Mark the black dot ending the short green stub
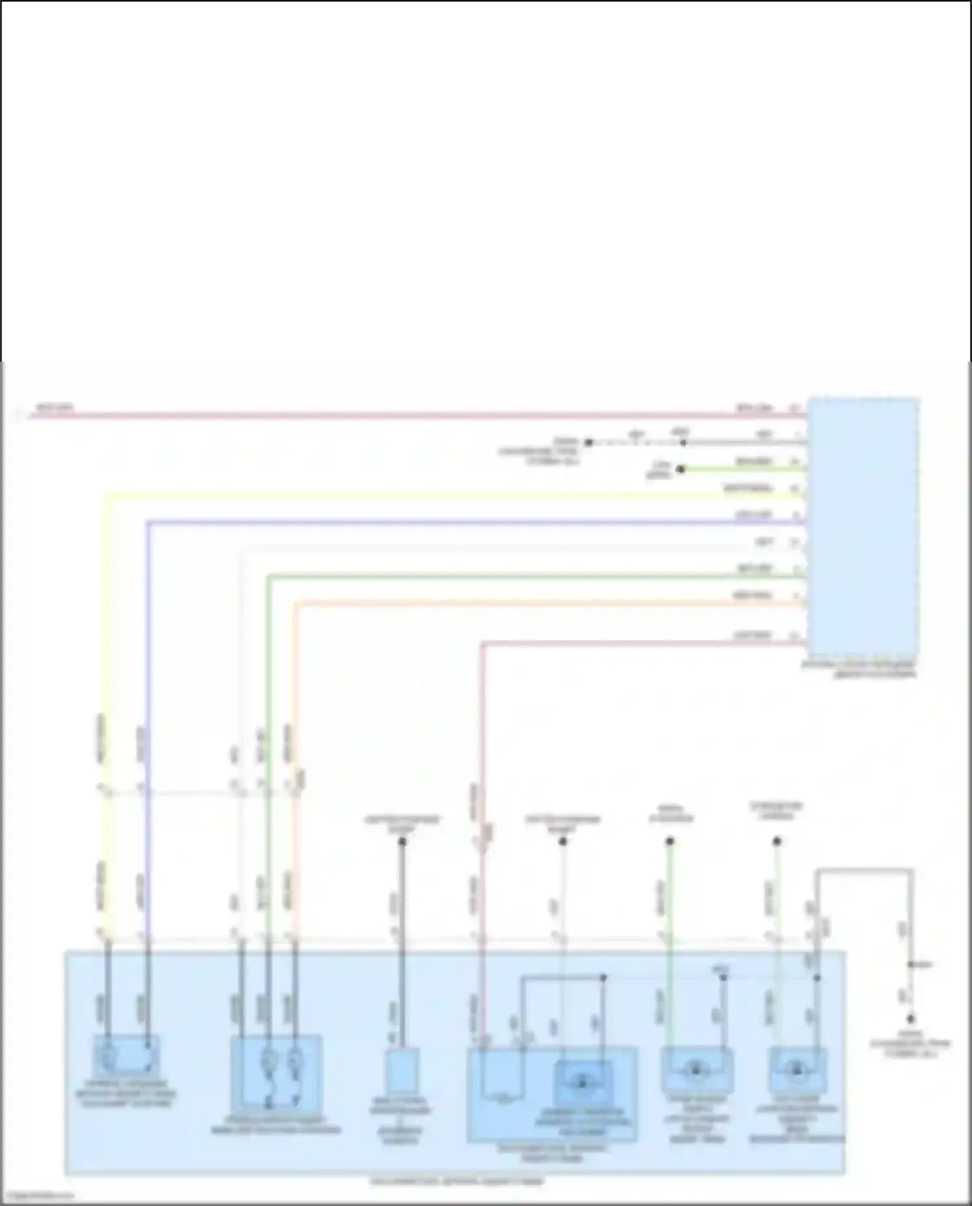click(680, 469)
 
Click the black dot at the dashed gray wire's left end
click(588, 443)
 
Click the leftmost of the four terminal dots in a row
click(402, 842)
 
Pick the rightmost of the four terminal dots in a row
click(777, 842)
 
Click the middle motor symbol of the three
click(696, 1070)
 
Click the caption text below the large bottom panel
click(457, 1181)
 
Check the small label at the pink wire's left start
click(54, 408)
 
